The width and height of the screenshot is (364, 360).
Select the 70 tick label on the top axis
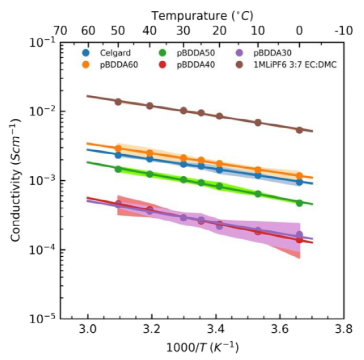pos(61,31)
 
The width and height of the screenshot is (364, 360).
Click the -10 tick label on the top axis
pos(343,31)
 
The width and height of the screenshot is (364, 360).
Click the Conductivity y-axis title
pos(17,180)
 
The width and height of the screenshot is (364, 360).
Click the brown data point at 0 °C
pos(300,130)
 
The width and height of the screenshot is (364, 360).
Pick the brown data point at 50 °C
pos(118,101)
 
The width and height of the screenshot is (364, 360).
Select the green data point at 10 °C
pos(258,193)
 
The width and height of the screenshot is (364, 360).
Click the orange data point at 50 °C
pos(118,148)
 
